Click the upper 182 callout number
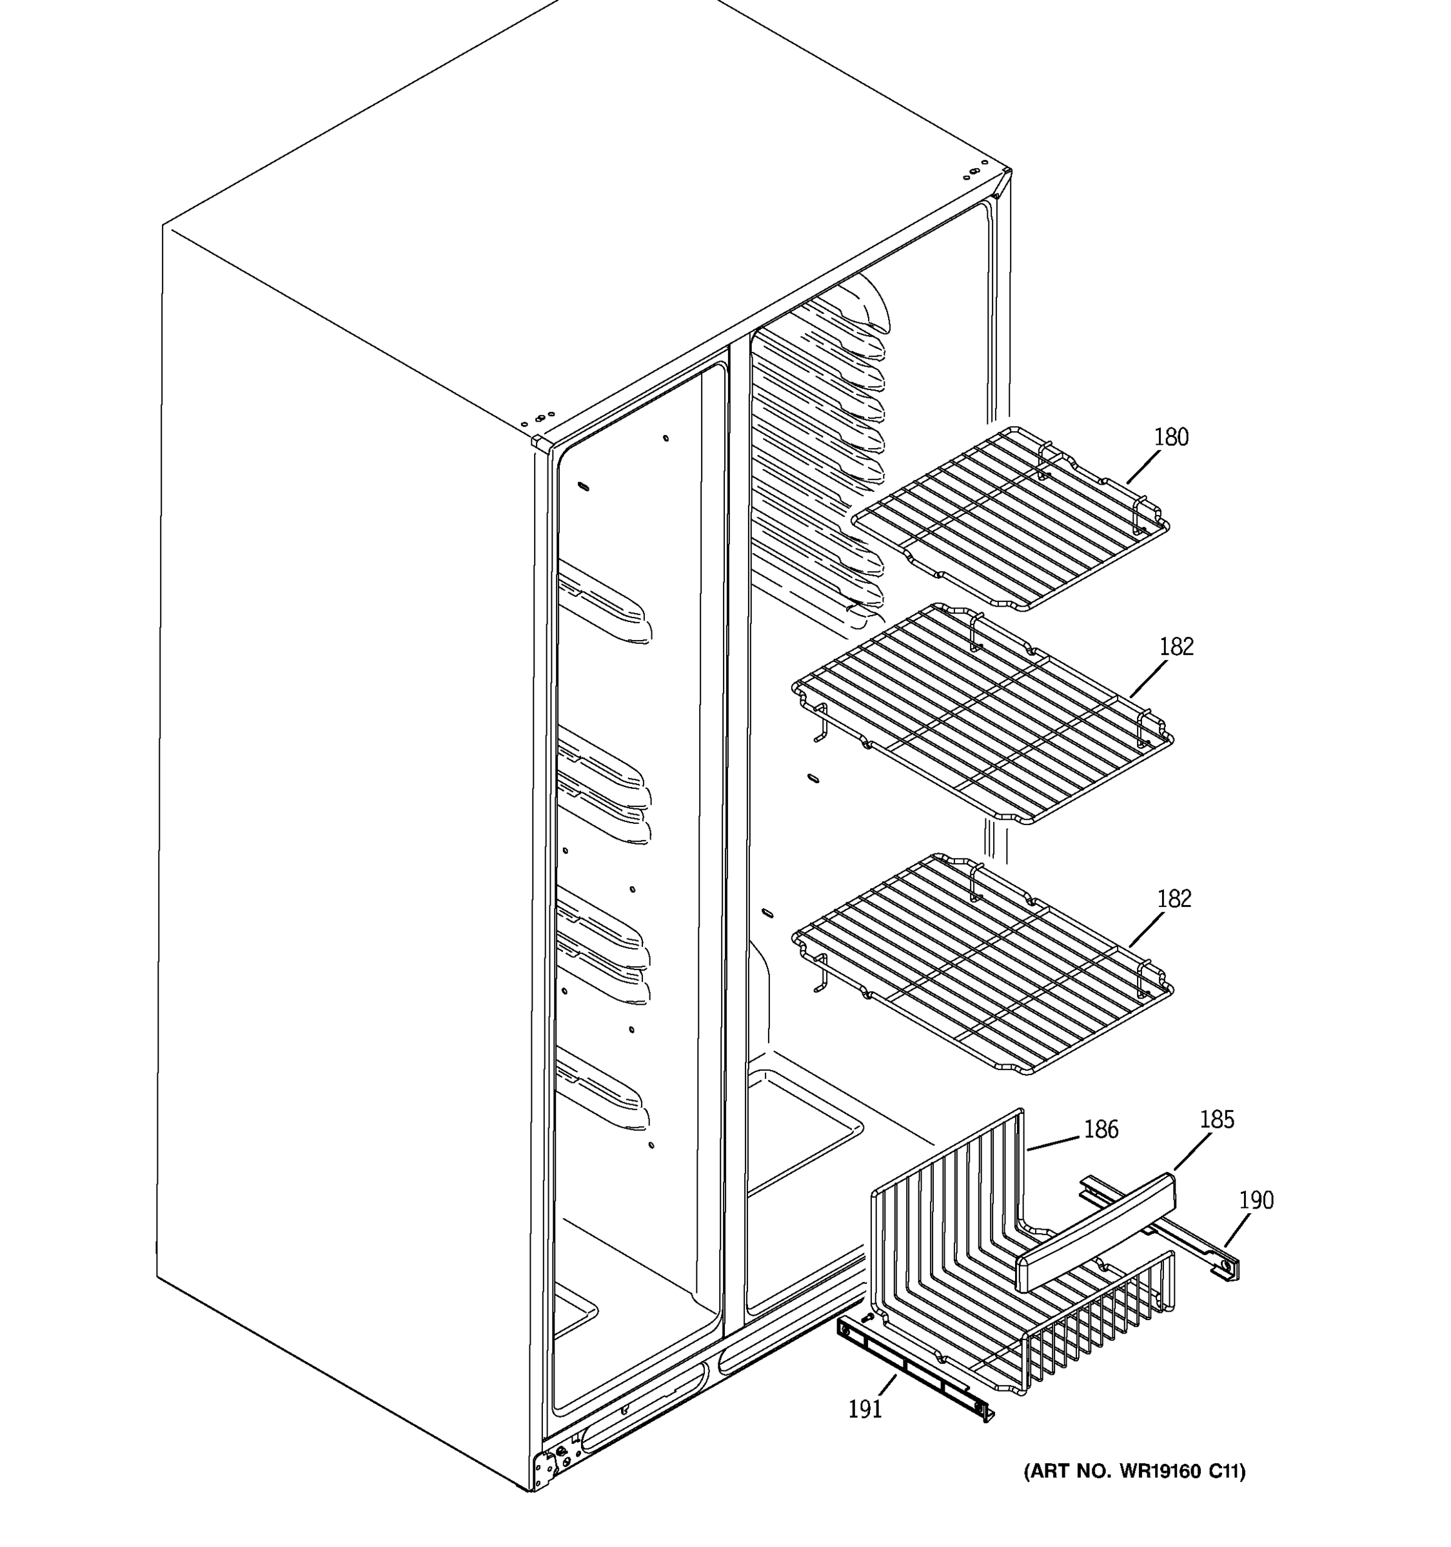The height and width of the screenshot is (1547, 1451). coord(1176,647)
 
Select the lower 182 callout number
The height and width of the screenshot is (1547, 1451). coord(1174,900)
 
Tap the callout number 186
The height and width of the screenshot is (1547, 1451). coord(1101,1130)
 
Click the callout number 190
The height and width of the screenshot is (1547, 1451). coord(1256,1201)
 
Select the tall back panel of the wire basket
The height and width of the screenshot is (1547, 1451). coord(946,1214)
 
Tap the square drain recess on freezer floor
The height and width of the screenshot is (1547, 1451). coord(802,1129)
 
